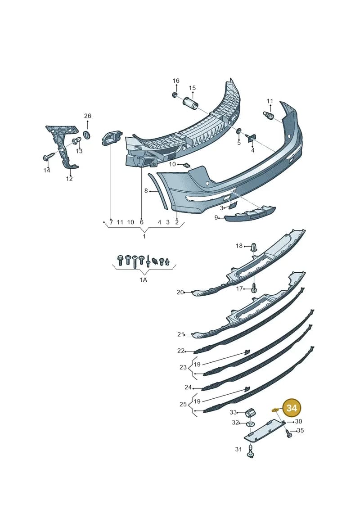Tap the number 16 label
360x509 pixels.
[175, 81]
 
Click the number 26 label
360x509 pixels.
[88, 116]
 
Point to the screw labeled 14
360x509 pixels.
[48, 158]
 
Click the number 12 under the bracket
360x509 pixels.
[69, 179]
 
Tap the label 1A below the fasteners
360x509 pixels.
[143, 280]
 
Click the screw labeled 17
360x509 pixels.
[254, 288]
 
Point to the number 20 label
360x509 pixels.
[180, 292]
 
